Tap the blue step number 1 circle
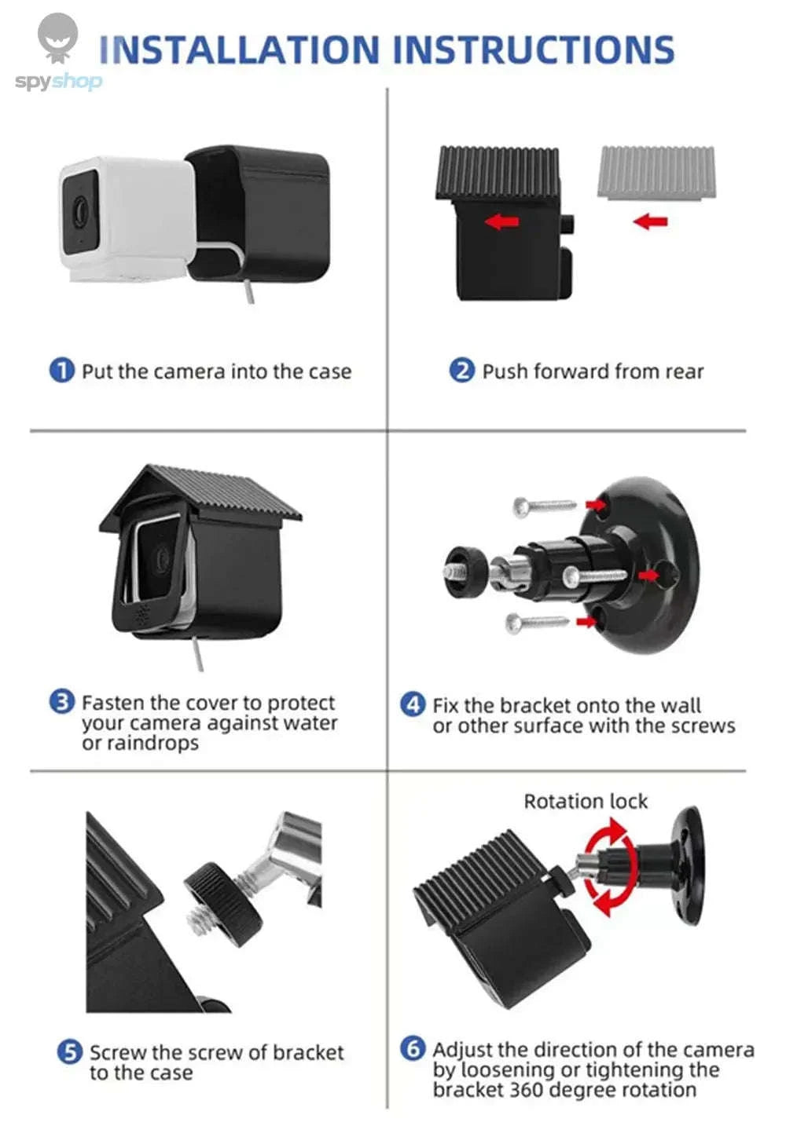[x=61, y=370]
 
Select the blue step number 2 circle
[x=461, y=370]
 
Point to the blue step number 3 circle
[x=61, y=701]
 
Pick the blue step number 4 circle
[x=413, y=704]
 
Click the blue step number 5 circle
[x=69, y=1051]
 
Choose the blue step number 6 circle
[x=413, y=1048]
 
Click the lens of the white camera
[x=80, y=210]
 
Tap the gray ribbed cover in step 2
[x=656, y=171]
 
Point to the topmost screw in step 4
[x=544, y=506]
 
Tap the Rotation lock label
[x=586, y=801]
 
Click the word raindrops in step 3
[x=154, y=743]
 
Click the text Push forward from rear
[x=593, y=371]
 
